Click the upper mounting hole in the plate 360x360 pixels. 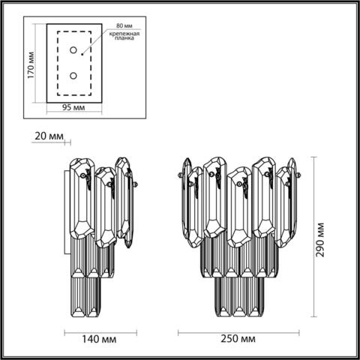pos(73,50)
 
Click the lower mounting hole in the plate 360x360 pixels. pos(73,75)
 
